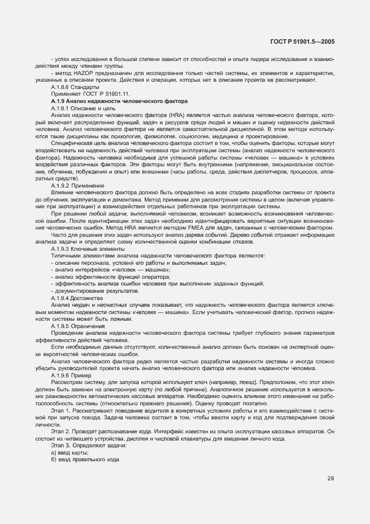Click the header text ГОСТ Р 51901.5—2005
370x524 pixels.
click(302, 40)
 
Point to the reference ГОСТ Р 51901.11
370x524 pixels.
click(101, 94)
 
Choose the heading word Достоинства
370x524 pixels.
click(84, 298)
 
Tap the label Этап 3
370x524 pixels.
click(60, 445)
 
